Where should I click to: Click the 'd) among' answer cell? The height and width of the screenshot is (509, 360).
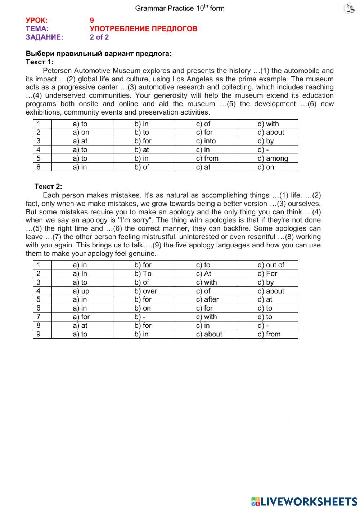[273, 158]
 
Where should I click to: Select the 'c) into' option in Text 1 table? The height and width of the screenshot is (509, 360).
[206, 141]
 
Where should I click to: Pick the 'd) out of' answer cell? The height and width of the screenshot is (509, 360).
[271, 265]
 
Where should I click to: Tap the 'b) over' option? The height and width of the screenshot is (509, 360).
[146, 291]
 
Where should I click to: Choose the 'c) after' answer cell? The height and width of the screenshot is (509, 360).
[207, 300]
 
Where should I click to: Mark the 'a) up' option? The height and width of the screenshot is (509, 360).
[81, 291]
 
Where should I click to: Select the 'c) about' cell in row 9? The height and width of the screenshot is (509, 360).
[209, 334]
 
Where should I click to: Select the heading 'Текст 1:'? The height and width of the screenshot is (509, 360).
[40, 62]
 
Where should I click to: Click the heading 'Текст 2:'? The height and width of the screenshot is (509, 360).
[48, 187]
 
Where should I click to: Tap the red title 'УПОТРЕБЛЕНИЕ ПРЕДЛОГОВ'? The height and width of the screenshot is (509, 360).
[143, 29]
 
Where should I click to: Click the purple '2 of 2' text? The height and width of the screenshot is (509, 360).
[99, 37]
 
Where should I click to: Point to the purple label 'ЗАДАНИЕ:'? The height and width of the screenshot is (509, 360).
[44, 37]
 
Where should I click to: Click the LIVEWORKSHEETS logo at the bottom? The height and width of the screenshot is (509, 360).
[304, 501]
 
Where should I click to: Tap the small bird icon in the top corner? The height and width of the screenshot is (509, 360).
[349, 8]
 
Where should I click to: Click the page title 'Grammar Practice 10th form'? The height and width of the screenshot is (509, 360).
[180, 8]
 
